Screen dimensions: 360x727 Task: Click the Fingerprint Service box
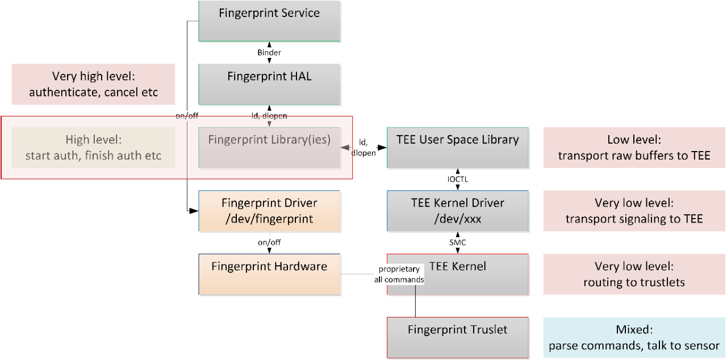[269, 20]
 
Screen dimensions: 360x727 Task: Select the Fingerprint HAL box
[269, 83]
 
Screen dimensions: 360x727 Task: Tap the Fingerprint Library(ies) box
[269, 147]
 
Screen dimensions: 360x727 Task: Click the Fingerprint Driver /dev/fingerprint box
[269, 211]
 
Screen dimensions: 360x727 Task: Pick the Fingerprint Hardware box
[269, 274]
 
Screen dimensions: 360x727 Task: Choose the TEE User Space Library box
[457, 147]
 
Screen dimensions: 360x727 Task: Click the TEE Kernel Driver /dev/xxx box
[457, 211]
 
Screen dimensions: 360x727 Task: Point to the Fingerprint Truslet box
[457, 337]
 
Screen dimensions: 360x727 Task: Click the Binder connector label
[269, 52]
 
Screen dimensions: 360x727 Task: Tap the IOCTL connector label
[458, 179]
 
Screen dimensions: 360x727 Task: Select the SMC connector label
[458, 242]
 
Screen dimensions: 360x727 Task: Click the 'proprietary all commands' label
[403, 274]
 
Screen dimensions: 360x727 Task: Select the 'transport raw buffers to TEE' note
[634, 147]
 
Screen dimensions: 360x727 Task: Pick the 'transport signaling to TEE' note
[634, 211]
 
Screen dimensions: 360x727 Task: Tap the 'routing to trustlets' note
[634, 274]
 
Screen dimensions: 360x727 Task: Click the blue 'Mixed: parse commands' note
[634, 337]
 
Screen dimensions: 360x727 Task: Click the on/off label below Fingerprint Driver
[269, 242]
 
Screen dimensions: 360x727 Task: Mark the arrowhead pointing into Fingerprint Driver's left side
[194, 211]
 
